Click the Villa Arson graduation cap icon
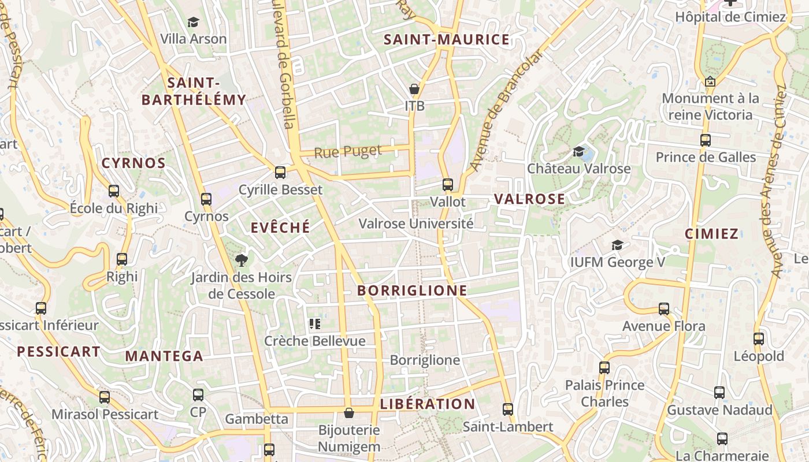click(193, 23)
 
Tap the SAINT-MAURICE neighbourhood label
click(447, 40)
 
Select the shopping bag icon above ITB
click(414, 89)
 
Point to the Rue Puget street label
click(348, 152)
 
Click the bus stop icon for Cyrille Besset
click(280, 172)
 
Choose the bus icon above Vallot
click(448, 185)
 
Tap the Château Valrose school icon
click(578, 151)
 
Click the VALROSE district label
click(529, 199)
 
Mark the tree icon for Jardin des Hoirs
click(242, 260)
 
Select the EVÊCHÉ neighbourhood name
click(280, 228)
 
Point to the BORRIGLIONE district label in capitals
click(412, 290)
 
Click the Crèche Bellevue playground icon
click(315, 324)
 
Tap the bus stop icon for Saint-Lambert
click(508, 409)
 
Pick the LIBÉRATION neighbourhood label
click(428, 404)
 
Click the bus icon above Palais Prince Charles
click(604, 367)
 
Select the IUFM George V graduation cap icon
click(618, 245)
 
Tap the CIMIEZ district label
click(711, 234)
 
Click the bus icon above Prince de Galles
click(706, 140)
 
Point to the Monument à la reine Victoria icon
click(710, 81)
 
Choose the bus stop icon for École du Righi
click(114, 191)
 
